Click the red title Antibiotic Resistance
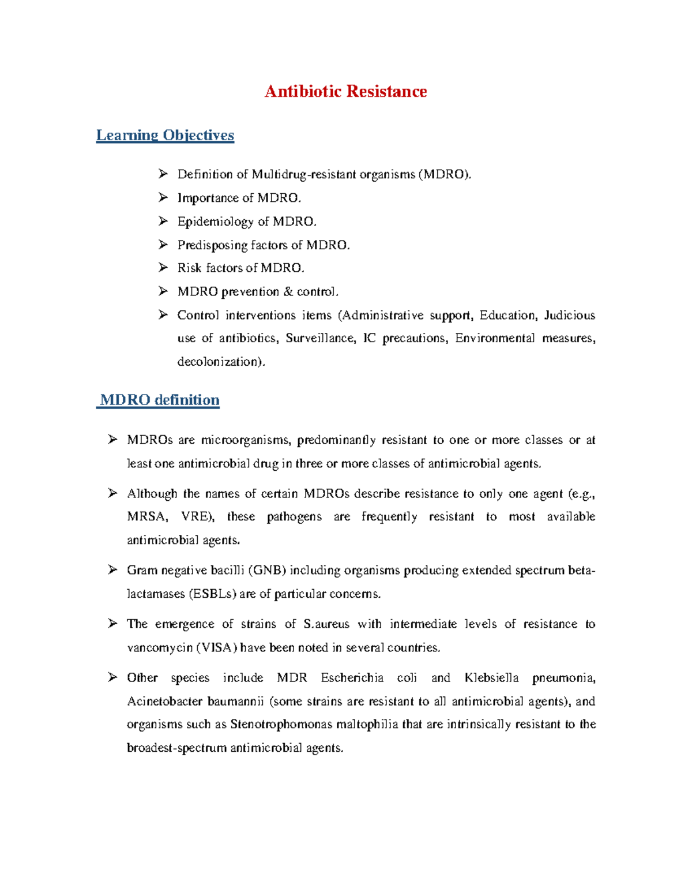pyautogui.click(x=345, y=92)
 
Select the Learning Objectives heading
pyautogui.click(x=165, y=135)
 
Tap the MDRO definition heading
pyautogui.click(x=159, y=400)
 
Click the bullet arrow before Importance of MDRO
pyautogui.click(x=163, y=198)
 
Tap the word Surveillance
pyautogui.click(x=320, y=338)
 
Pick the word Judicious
pyautogui.click(x=570, y=315)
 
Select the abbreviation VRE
pyautogui.click(x=197, y=517)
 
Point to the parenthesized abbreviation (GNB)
pyautogui.click(x=267, y=571)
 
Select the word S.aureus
pyautogui.click(x=326, y=624)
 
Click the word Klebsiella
pyautogui.click(x=491, y=678)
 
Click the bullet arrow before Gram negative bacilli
pyautogui.click(x=112, y=570)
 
